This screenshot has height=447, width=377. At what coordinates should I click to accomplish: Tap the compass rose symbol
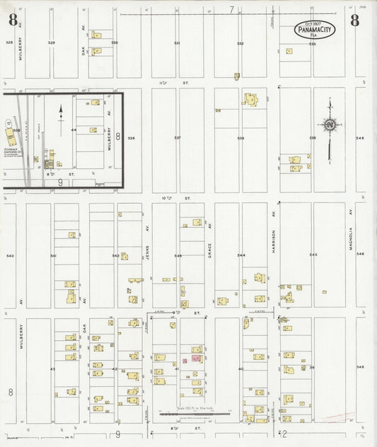point(329,125)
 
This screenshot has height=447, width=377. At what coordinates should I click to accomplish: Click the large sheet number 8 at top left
point(13,20)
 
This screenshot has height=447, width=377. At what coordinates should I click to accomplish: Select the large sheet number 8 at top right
point(354,20)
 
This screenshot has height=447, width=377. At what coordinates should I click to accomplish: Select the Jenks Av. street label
point(148,252)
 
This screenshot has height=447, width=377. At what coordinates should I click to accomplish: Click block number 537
point(178,137)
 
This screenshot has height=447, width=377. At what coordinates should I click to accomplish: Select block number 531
point(177,43)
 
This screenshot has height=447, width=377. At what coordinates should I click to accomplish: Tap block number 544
point(241,255)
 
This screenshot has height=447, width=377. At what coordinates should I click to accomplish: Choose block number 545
point(313,255)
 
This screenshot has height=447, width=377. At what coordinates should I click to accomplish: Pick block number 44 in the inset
point(73,130)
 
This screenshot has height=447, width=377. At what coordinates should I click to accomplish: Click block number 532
point(240,43)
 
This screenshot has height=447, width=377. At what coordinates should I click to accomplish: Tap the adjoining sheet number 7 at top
point(231,9)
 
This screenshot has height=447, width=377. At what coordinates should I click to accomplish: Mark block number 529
point(51,43)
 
